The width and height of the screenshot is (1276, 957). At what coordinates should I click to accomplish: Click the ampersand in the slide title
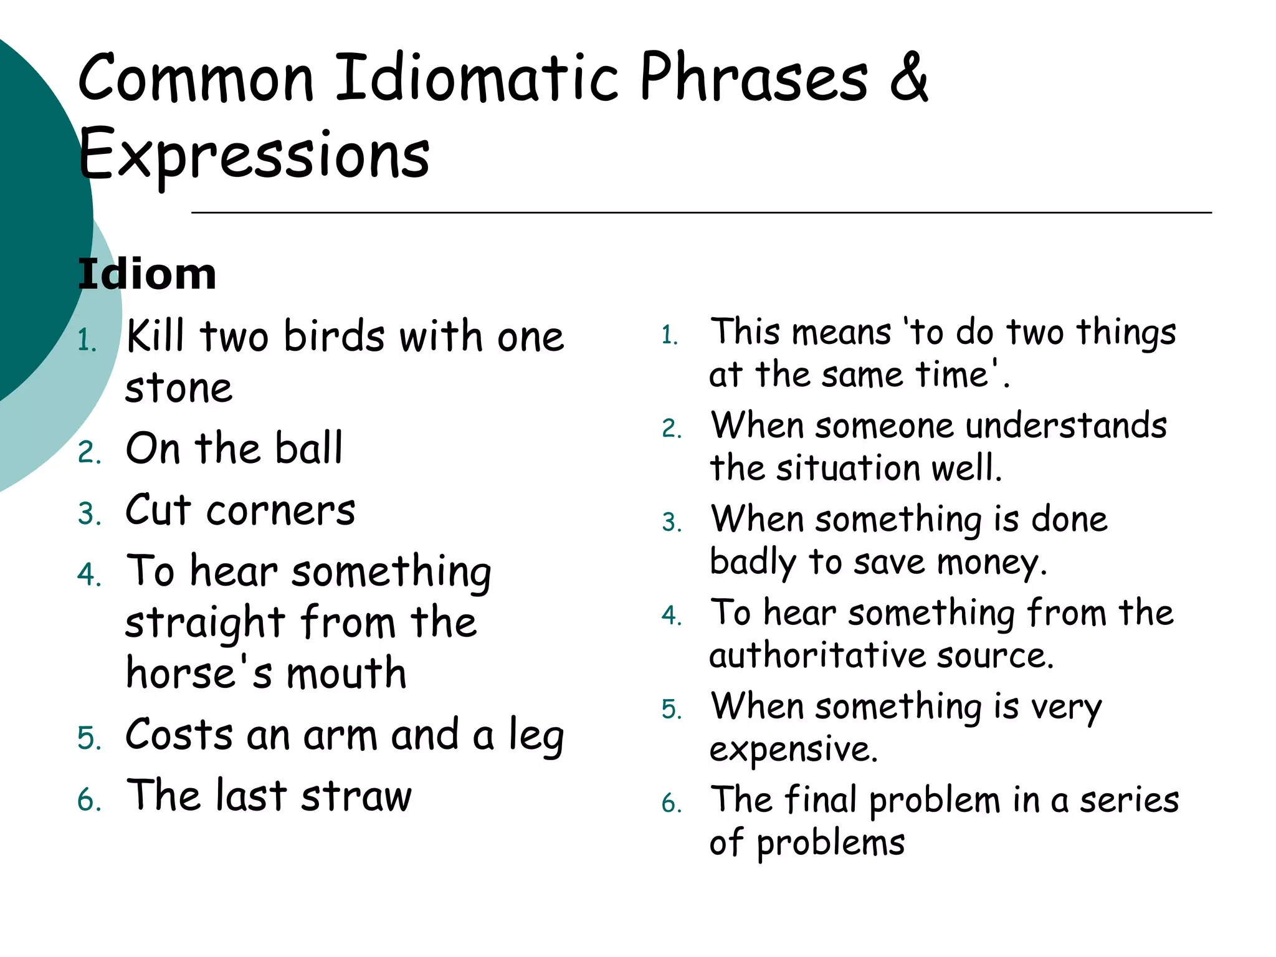[x=909, y=78]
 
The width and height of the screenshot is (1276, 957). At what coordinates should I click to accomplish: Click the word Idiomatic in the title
[x=477, y=78]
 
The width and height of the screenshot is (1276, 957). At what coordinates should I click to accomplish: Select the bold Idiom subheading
[x=147, y=274]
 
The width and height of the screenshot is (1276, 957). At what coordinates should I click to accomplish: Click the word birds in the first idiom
[x=335, y=337]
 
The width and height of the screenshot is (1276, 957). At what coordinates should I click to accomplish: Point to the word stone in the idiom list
[x=179, y=388]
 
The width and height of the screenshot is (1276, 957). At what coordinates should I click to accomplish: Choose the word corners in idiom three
[x=281, y=511]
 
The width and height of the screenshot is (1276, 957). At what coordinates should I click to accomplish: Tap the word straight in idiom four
[x=205, y=623]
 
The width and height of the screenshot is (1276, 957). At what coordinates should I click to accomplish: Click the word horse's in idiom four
[x=199, y=674]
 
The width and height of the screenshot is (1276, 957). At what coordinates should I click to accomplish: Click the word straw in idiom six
[x=356, y=797]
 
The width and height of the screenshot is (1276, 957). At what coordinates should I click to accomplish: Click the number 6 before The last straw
[x=88, y=800]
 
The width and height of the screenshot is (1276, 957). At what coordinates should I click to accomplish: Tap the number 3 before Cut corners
[x=88, y=515]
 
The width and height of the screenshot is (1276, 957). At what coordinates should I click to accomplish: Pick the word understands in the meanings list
[x=1066, y=426]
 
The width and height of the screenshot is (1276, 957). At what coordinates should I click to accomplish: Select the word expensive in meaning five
[x=793, y=750]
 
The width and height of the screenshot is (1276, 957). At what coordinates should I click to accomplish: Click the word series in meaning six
[x=1129, y=801]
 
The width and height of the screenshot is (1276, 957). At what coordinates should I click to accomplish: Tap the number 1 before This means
[x=670, y=335]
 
